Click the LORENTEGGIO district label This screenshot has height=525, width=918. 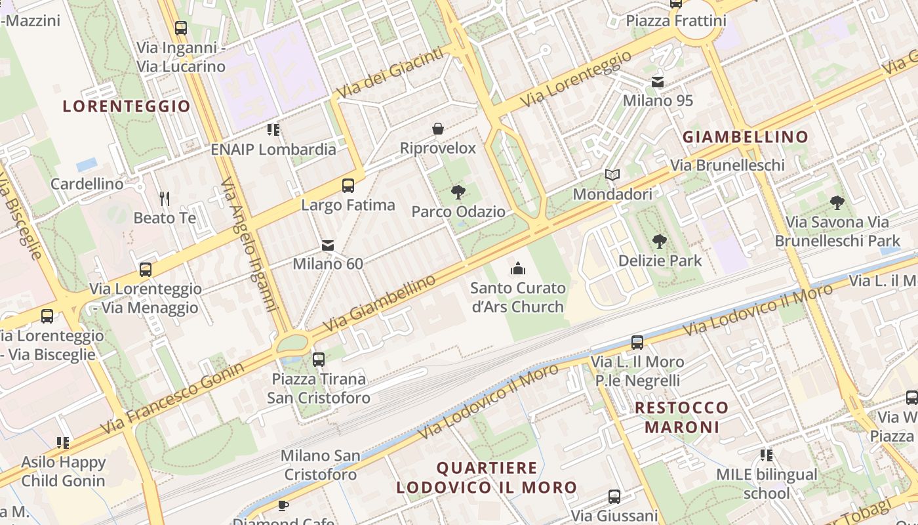[127, 106]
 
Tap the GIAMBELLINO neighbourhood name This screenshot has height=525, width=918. [746, 136]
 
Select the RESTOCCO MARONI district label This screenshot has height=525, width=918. [682, 417]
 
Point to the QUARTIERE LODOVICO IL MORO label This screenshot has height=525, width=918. [486, 478]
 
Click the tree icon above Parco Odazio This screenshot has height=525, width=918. [458, 192]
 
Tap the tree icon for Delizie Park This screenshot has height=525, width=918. [660, 241]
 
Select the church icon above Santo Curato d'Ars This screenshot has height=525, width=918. [517, 268]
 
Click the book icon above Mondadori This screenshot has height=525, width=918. [612, 175]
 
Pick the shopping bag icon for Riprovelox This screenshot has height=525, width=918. [437, 129]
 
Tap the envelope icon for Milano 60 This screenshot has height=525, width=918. [328, 245]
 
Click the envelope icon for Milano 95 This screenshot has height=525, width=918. [657, 82]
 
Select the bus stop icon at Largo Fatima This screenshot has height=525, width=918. [348, 186]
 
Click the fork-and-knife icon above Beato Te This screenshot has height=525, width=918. [165, 198]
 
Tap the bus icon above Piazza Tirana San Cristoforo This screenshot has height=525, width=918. [319, 360]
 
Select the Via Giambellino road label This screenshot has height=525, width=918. [380, 303]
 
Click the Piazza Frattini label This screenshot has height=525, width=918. [676, 21]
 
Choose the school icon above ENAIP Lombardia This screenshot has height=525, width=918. [273, 130]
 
